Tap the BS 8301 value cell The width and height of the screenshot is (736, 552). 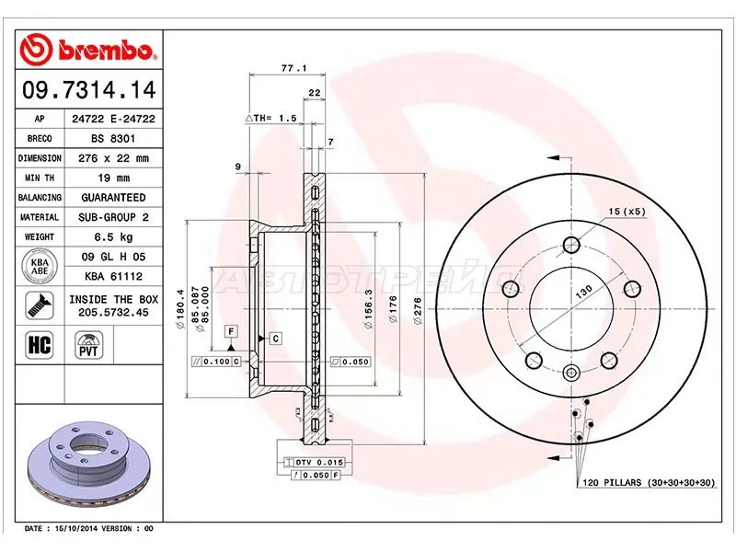click(x=108, y=138)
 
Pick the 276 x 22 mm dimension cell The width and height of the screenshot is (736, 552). click(x=108, y=158)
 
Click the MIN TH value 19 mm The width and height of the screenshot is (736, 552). click(x=108, y=178)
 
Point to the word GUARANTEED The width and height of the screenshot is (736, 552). click(x=108, y=198)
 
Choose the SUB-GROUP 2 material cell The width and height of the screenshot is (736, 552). click(x=108, y=217)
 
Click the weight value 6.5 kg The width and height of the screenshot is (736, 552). click(x=108, y=236)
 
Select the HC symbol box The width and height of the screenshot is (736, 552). click(x=40, y=345)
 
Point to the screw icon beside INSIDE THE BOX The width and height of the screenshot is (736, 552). click(x=39, y=305)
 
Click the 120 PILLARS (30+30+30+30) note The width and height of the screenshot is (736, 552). click(x=647, y=482)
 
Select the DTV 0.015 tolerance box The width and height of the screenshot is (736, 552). click(x=314, y=460)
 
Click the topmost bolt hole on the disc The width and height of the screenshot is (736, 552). click(x=570, y=245)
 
